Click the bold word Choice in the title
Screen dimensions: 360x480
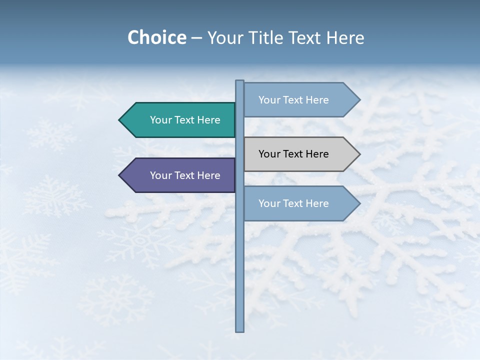156,37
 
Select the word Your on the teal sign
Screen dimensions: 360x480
161,120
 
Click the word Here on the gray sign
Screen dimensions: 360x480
317,154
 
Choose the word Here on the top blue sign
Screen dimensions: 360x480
317,100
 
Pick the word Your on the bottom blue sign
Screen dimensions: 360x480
269,203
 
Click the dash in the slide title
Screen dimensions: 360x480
196,38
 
